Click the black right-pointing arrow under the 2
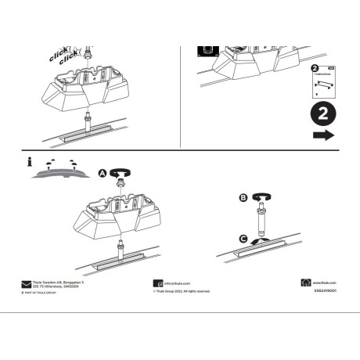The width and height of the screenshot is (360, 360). pos(322,135)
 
